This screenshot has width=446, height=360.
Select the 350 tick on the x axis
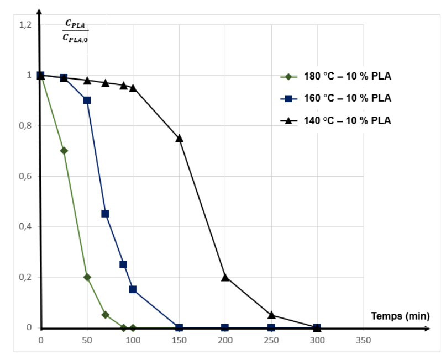click(363, 340)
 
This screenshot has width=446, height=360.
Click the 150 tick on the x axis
click(179, 340)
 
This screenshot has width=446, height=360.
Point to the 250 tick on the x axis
click(271, 340)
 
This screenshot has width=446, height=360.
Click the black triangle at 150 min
click(179, 138)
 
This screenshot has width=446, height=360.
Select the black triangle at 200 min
click(225, 277)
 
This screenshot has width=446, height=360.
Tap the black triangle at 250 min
click(271, 315)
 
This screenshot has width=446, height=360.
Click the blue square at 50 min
click(87, 100)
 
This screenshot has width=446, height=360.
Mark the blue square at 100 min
click(133, 289)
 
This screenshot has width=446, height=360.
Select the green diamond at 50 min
click(87, 277)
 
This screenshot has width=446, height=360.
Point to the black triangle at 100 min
click(133, 88)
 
